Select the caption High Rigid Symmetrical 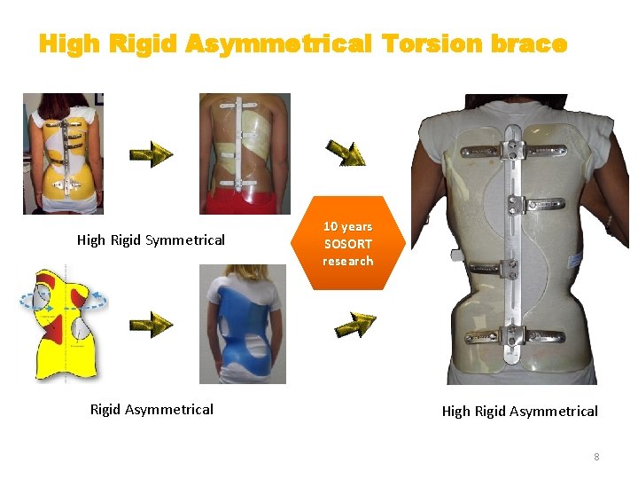(x=151, y=239)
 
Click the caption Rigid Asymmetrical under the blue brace (x=152, y=409)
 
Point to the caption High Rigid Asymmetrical (x=519, y=411)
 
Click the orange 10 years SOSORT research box (x=347, y=243)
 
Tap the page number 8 (x=596, y=457)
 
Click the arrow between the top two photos (x=151, y=156)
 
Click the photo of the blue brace (x=242, y=324)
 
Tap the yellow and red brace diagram (x=64, y=324)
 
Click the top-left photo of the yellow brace (x=63, y=153)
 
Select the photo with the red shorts (x=245, y=153)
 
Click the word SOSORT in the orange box (x=347, y=243)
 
